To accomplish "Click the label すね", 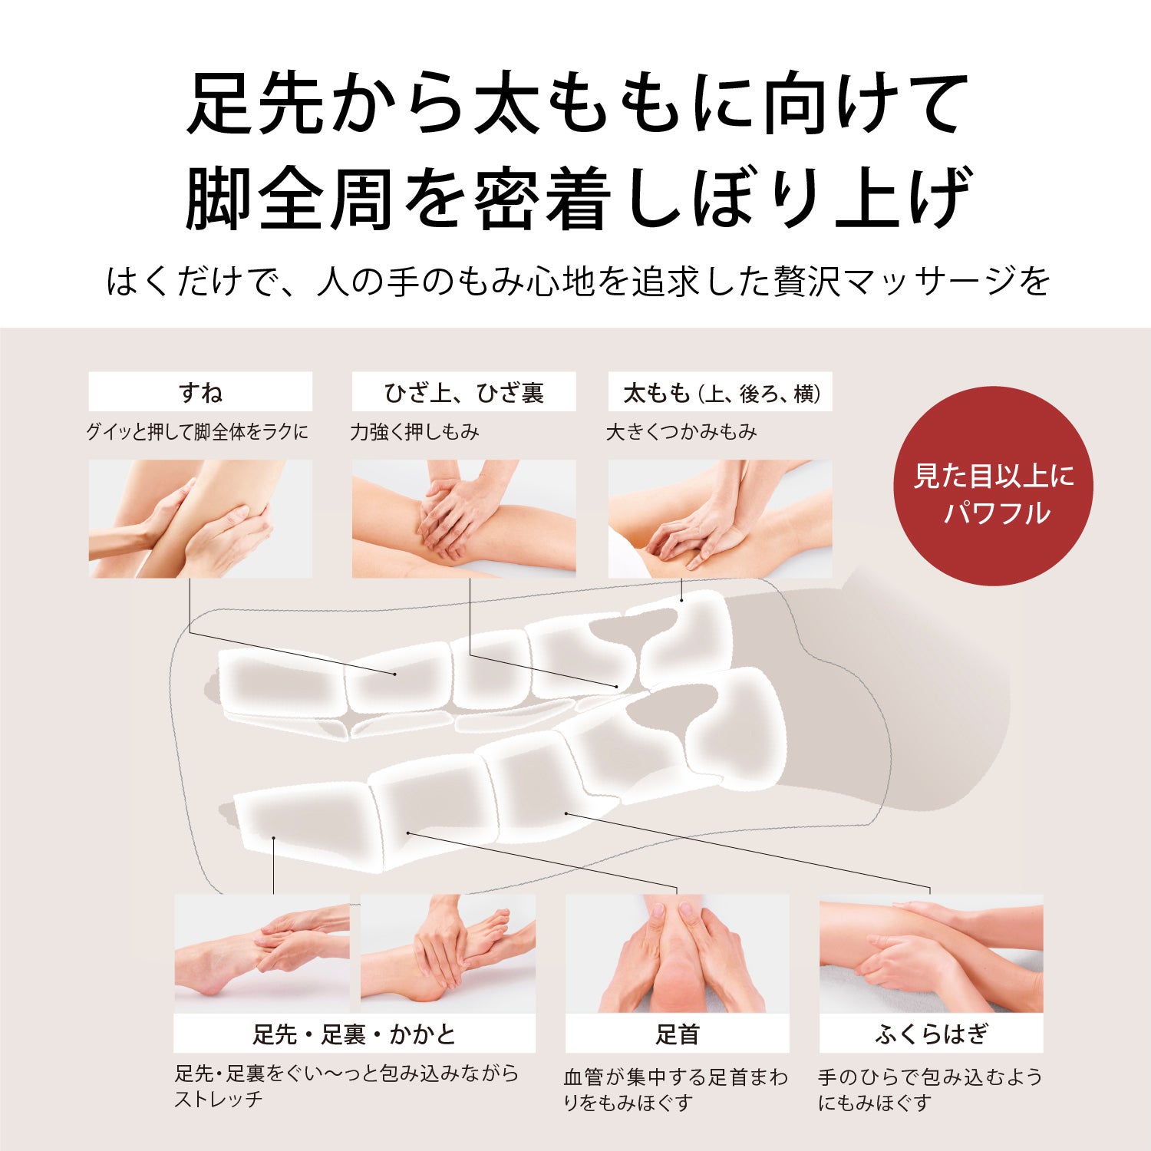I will point(200,392).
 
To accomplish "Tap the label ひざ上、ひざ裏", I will point(463,392).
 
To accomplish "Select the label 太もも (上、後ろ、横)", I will point(721,392).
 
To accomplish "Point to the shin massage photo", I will point(200,519).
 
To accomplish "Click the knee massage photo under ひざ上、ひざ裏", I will point(463,519).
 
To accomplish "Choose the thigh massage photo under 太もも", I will point(721,519).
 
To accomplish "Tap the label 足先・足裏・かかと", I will point(354,1034).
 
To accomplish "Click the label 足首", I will point(677,1034).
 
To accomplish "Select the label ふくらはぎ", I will point(931,1034).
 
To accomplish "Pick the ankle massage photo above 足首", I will point(677,954).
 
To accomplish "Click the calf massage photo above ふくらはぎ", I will point(931,954).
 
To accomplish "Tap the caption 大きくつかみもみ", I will point(681,432).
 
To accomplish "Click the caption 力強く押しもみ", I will point(414,432).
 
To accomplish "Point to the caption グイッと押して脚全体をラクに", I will point(197,432).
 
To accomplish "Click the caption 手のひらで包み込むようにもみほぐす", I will point(929,1090).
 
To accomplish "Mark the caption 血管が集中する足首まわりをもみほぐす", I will point(676,1090).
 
